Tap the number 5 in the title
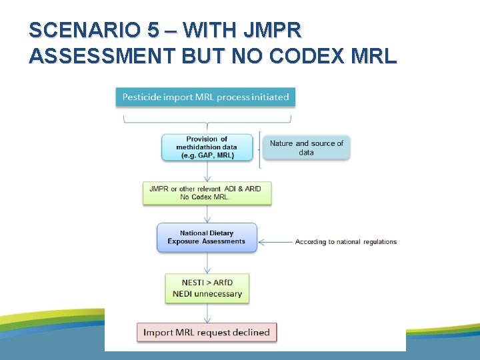[x=153, y=31]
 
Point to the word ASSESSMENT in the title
[x=100, y=56]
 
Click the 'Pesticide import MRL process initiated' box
[x=205, y=97]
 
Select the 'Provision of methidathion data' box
[x=207, y=147]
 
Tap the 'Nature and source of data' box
[x=306, y=147]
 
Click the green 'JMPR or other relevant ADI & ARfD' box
[x=207, y=193]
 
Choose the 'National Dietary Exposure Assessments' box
[x=207, y=237]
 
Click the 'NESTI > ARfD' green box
[x=207, y=288]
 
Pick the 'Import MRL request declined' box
[x=207, y=332]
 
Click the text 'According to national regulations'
[x=346, y=242]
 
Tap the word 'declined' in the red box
[x=247, y=332]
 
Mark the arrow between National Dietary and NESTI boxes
[x=207, y=263]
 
